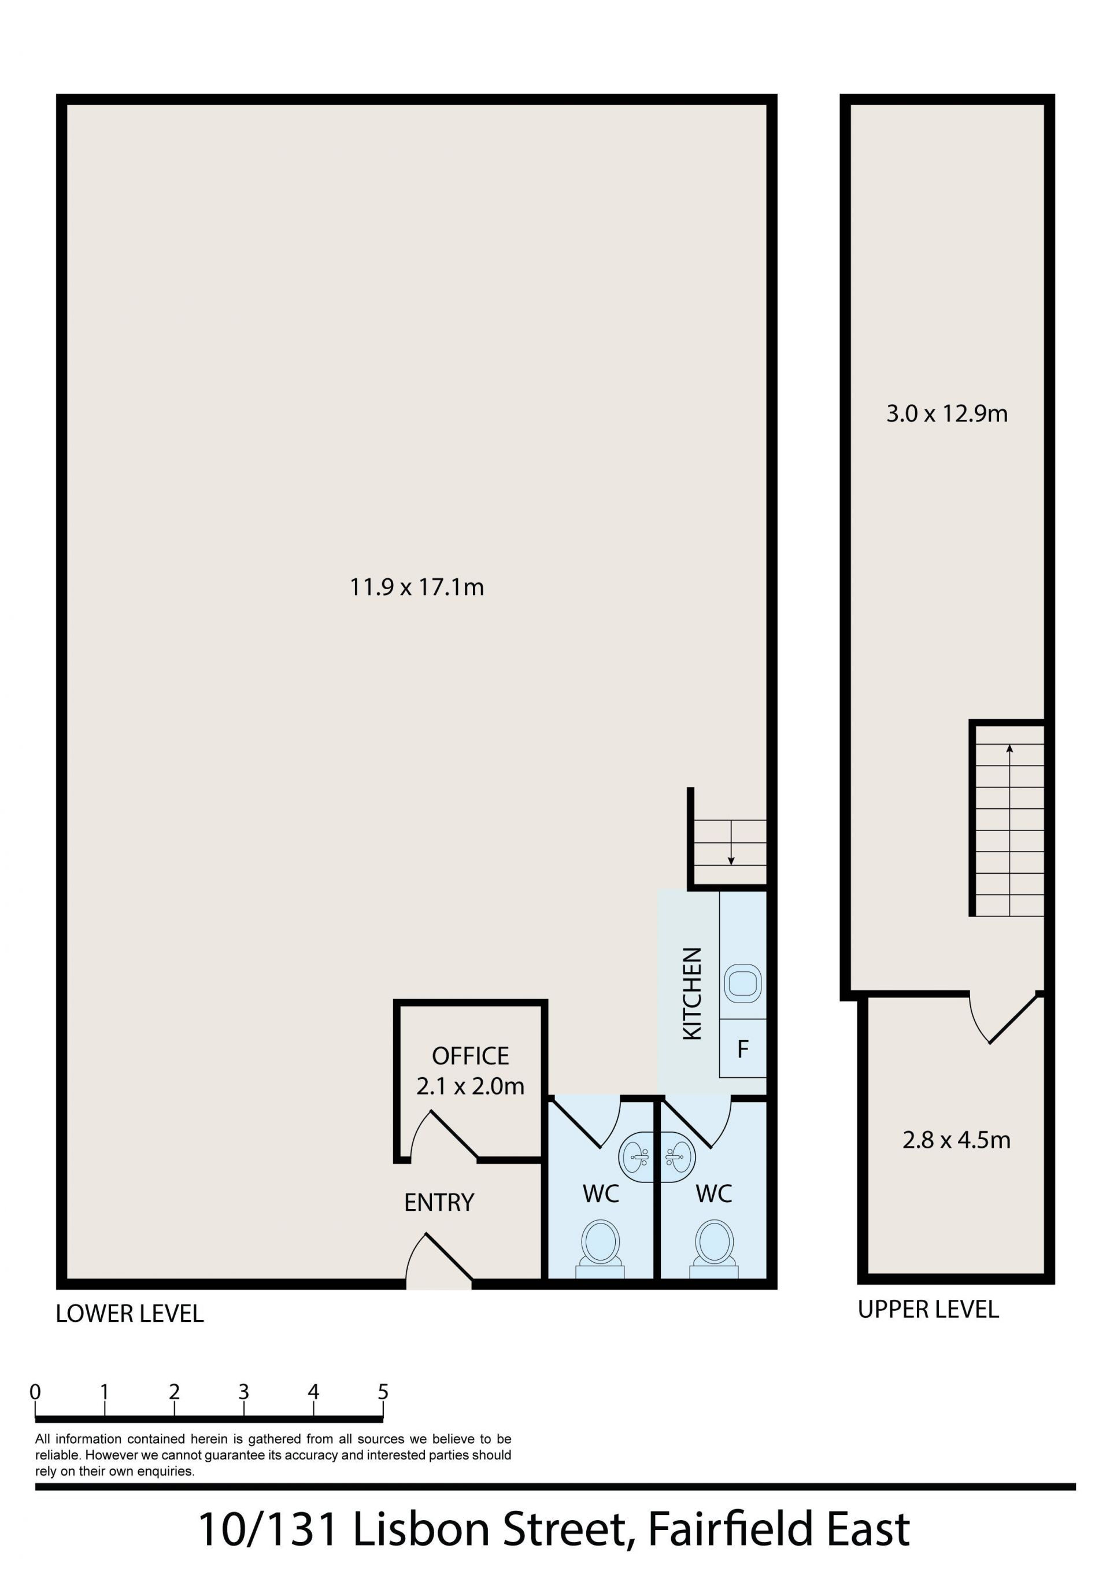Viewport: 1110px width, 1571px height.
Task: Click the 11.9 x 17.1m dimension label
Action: pos(417,587)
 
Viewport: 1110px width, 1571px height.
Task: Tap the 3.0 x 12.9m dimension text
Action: pos(947,413)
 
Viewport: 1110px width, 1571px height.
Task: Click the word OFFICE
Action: pos(470,1056)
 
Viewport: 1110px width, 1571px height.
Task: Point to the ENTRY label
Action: pos(439,1202)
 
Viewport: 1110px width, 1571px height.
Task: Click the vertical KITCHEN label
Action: pos(693,993)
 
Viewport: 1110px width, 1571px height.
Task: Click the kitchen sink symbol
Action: pos(742,983)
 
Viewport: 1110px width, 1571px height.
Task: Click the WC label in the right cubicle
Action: pos(714,1194)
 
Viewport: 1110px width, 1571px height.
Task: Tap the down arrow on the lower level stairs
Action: pos(731,842)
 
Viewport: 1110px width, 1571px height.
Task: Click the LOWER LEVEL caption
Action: pos(129,1314)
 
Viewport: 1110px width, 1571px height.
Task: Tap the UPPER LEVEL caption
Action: pos(928,1310)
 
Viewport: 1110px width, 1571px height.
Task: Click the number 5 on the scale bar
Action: pos(383,1392)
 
